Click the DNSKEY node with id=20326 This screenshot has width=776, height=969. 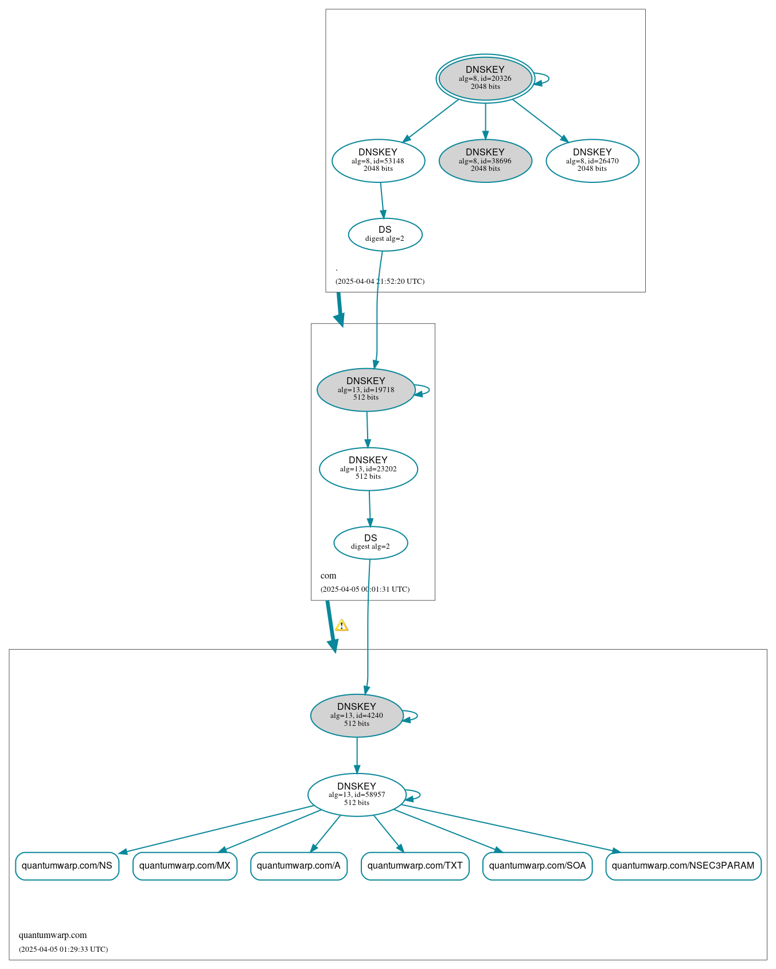(485, 79)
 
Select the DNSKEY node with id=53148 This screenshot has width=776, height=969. (378, 161)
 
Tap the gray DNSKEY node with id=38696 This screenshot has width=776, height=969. (485, 161)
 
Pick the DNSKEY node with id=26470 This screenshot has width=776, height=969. (592, 161)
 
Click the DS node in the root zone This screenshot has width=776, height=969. (385, 234)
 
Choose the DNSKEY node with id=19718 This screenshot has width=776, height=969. (366, 389)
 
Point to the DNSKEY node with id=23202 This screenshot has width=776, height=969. (368, 468)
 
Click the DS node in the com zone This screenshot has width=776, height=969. (371, 542)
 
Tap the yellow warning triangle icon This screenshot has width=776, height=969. (342, 625)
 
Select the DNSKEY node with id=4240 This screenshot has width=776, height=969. (357, 715)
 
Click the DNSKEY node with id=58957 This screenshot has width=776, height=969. (357, 795)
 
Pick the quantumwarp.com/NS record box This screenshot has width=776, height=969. (67, 865)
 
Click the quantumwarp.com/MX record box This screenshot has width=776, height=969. (185, 865)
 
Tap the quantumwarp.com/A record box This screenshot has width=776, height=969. (299, 865)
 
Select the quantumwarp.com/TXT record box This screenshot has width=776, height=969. (415, 865)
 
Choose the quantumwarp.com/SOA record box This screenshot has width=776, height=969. (537, 865)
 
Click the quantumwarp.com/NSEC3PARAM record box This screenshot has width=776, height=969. (683, 865)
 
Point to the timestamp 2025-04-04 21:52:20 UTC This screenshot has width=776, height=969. (380, 282)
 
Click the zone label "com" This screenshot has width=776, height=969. (329, 576)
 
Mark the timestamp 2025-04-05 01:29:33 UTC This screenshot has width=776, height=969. (63, 949)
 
